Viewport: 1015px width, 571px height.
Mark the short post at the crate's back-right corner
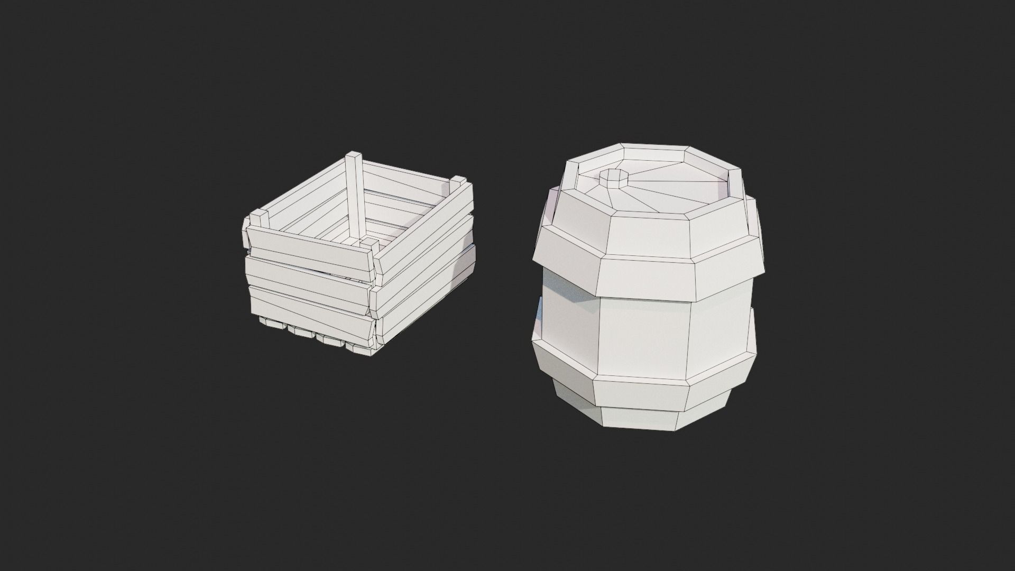[x=458, y=186]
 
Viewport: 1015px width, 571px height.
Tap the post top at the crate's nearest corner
[x=370, y=244]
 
